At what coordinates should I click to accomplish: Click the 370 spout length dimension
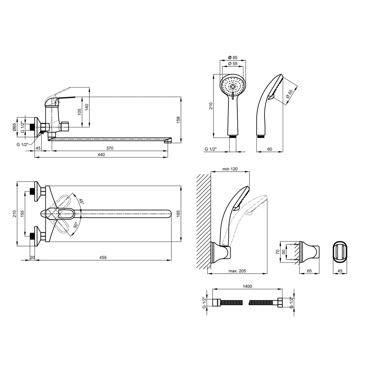110,148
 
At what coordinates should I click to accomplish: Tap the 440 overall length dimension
101,155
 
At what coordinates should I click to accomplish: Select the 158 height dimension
178,119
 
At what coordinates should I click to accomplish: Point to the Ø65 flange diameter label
15,127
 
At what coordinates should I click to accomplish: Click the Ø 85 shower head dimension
233,57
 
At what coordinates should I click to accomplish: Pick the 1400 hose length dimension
247,286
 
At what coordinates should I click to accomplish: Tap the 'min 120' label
230,169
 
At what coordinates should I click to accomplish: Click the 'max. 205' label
237,271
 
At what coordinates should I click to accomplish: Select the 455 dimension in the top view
103,257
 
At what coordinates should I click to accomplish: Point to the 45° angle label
81,201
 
